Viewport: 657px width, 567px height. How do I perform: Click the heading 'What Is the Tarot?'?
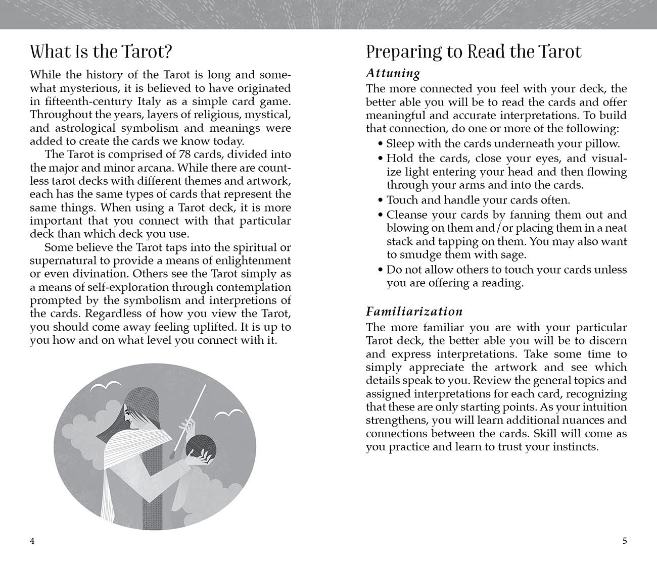(x=101, y=51)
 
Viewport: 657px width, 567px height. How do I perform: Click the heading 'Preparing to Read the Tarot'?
(x=474, y=51)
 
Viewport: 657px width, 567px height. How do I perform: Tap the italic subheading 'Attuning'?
(x=393, y=74)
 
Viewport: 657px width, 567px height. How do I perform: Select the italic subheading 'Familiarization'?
(x=414, y=312)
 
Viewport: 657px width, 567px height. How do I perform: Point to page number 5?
(x=624, y=541)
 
